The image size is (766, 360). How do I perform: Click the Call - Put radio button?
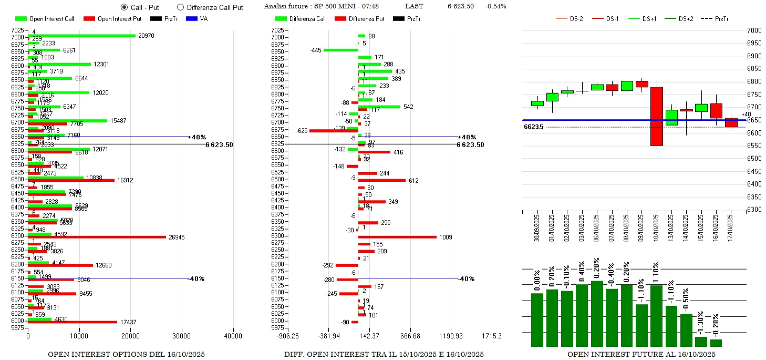coord(125,7)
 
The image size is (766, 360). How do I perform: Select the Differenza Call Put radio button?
coord(181,7)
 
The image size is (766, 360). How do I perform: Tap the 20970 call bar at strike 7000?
coord(81,36)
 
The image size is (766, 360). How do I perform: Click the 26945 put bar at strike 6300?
coord(97,237)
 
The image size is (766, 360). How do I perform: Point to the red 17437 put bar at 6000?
coord(73,322)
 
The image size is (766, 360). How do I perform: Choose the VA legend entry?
coord(196,19)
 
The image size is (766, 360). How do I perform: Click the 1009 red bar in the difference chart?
coord(397,237)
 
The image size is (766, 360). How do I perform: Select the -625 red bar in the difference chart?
coord(334,130)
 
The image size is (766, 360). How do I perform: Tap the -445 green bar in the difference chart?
coord(340,50)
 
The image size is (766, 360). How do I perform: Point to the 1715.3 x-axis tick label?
coord(491,336)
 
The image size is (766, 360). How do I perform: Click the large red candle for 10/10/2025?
coord(657,116)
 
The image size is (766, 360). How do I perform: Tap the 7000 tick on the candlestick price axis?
coord(754,30)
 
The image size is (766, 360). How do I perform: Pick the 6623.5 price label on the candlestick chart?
coord(534,127)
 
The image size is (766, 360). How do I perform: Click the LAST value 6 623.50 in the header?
coord(460,6)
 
